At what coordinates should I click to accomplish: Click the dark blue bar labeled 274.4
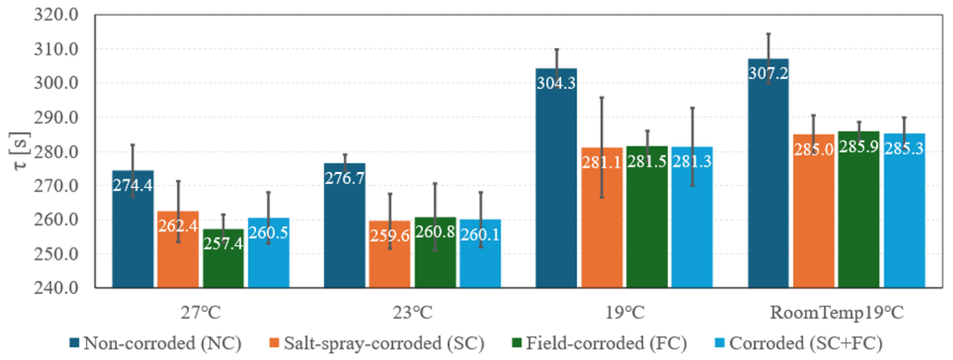(x=133, y=229)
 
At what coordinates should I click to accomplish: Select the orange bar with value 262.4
(x=178, y=249)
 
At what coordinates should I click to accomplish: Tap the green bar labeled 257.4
(x=223, y=258)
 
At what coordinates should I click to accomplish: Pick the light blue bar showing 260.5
(x=269, y=253)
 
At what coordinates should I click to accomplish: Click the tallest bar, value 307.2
(x=768, y=173)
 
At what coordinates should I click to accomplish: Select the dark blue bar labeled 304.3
(x=556, y=178)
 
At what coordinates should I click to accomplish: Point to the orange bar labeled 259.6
(x=390, y=254)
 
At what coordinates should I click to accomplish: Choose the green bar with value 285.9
(x=859, y=209)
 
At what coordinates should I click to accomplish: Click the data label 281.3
(x=692, y=162)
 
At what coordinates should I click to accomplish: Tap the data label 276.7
(x=344, y=178)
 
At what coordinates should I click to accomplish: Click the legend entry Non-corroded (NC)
(x=156, y=343)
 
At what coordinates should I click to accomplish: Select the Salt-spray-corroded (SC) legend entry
(x=377, y=343)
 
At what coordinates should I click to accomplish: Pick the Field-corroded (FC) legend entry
(x=599, y=343)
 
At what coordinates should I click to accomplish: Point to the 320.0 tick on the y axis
(x=56, y=15)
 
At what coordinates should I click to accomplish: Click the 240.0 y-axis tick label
(x=56, y=287)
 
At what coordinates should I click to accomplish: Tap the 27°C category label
(x=201, y=313)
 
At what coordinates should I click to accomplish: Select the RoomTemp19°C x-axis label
(x=837, y=313)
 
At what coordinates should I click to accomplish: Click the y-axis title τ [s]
(x=20, y=151)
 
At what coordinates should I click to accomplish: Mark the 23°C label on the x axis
(x=412, y=313)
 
